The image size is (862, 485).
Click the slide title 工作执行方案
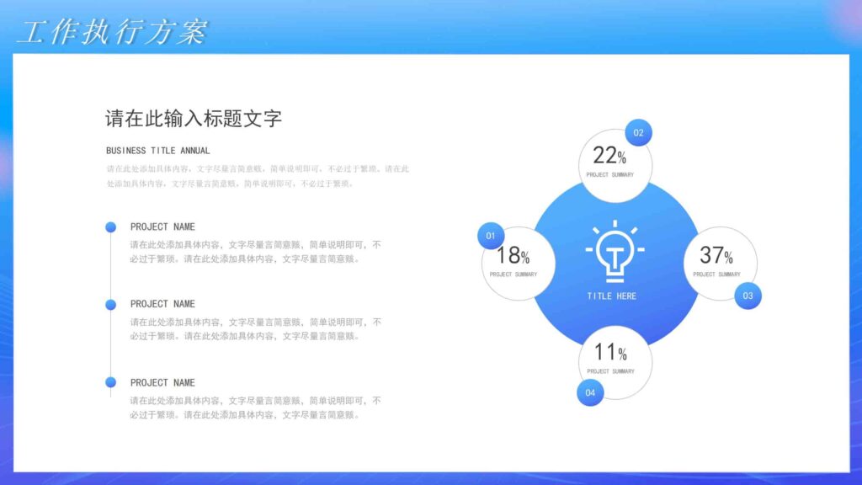click(x=112, y=32)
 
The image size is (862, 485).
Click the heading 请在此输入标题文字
click(x=193, y=119)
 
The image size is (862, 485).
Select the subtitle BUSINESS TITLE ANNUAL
click(x=158, y=151)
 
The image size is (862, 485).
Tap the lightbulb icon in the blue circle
click(x=614, y=252)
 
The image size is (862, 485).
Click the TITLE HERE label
click(x=612, y=296)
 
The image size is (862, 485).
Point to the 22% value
click(x=609, y=156)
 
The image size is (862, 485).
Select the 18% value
click(x=513, y=255)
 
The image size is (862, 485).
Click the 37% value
click(x=716, y=255)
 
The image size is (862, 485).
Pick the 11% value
click(x=610, y=352)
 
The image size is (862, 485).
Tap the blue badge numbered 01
click(x=491, y=236)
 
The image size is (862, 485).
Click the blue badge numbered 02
click(x=638, y=133)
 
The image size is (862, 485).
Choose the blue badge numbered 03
click(x=748, y=296)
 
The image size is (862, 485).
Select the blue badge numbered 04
click(x=590, y=392)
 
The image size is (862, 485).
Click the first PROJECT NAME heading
click(x=162, y=227)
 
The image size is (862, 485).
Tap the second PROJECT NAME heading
click(x=162, y=304)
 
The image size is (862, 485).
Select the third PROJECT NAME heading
click(x=162, y=382)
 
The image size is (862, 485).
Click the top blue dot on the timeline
click(x=110, y=227)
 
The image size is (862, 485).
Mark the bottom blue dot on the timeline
click(x=110, y=382)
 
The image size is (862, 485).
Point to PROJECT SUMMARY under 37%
click(x=716, y=274)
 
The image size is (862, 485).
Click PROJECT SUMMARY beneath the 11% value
click(x=610, y=371)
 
